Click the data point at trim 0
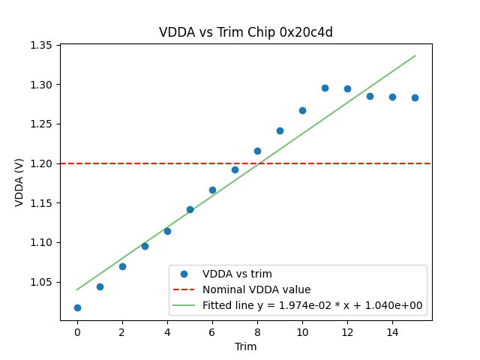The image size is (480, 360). (77, 307)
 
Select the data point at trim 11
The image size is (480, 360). (325, 88)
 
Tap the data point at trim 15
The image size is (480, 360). (415, 97)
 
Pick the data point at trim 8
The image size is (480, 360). (257, 151)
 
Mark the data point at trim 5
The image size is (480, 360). (190, 209)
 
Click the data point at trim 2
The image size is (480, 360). (122, 266)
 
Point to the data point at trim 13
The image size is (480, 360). (370, 96)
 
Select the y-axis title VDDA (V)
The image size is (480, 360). (20, 182)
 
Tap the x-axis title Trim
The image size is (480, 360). (246, 346)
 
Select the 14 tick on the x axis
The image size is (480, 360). (392, 331)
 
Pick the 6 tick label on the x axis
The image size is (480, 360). (212, 331)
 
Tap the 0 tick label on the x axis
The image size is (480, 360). (77, 331)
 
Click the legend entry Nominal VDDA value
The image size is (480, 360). (256, 289)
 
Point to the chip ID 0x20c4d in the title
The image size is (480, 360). (306, 32)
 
